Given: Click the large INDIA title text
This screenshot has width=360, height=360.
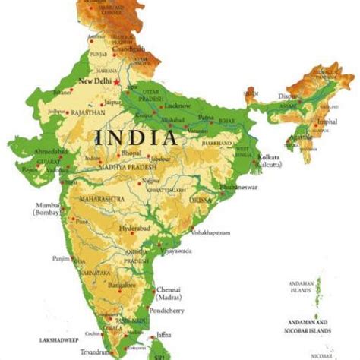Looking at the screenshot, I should click(x=137, y=137).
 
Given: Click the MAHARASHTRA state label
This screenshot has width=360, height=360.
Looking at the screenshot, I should click(x=99, y=201).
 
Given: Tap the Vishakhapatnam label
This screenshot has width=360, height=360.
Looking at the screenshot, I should click(x=212, y=233).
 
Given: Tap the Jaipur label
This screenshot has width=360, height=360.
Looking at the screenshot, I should click(x=113, y=101).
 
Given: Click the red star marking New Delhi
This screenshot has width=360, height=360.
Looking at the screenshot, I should click(x=117, y=80).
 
